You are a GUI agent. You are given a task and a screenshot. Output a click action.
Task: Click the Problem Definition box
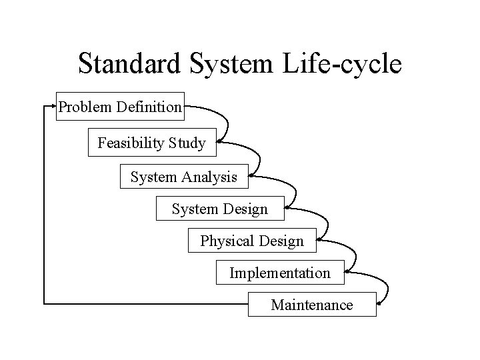[120, 106]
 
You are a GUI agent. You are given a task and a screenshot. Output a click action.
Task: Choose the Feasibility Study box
[152, 142]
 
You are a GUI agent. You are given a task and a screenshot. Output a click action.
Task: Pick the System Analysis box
[183, 177]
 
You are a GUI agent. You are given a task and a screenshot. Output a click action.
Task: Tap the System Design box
[219, 209]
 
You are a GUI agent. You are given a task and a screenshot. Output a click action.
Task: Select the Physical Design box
[251, 241]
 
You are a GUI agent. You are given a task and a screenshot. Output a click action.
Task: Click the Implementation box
[280, 273]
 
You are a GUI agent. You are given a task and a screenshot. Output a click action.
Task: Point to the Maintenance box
[312, 305]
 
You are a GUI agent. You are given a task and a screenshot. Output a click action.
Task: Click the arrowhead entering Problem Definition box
[53, 106]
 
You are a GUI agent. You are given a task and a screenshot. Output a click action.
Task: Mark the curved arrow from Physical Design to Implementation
[353, 255]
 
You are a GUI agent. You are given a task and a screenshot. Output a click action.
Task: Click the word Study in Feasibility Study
[187, 143]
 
